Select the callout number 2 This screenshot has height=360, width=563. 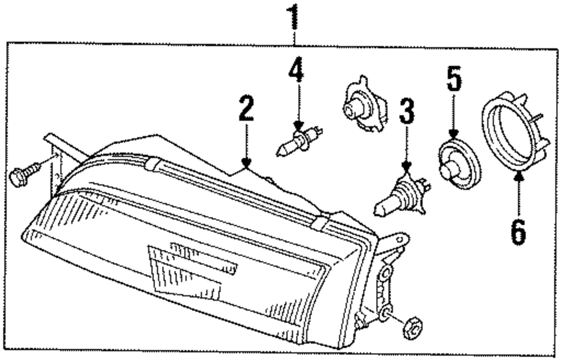coord(245,109)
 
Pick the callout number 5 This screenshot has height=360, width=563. coord(454,79)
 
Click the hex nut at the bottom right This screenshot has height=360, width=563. coord(412,328)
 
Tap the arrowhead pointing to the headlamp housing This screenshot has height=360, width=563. coord(245,163)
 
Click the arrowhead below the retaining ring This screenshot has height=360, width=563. coord(519,176)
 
